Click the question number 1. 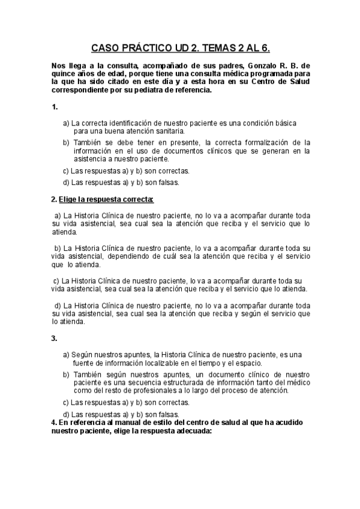[x=55, y=107]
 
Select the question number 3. [x=55, y=339]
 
